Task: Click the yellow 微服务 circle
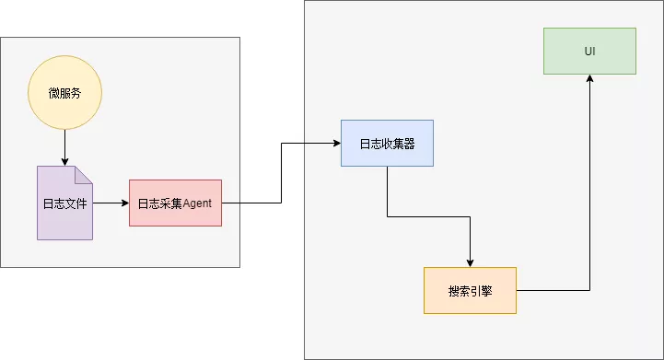tap(64, 93)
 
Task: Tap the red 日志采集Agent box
tap(175, 203)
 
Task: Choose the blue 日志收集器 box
tap(387, 143)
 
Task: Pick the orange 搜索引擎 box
tap(470, 290)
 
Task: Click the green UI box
tap(589, 51)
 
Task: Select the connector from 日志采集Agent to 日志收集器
tap(281, 175)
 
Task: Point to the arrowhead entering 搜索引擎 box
tap(470, 262)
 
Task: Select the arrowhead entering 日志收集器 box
tap(336, 143)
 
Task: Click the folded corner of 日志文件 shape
tap(84, 174)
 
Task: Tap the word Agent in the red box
tap(197, 203)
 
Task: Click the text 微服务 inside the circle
tap(64, 93)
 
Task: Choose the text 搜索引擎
tap(470, 290)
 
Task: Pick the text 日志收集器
tap(387, 143)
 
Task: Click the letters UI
tap(589, 51)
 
